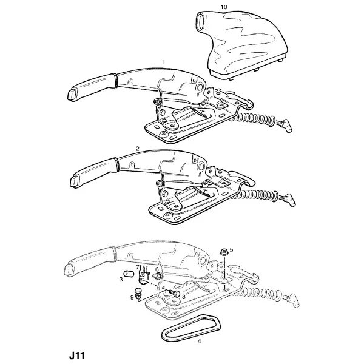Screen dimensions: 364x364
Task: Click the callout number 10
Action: tap(223, 7)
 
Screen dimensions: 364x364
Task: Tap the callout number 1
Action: tap(164, 62)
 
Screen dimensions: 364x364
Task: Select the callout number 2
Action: tap(138, 149)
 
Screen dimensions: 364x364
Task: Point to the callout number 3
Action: tap(121, 280)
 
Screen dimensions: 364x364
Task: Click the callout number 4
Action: tap(199, 341)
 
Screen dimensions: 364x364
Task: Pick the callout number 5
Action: tap(231, 250)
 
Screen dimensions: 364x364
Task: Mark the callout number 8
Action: tap(184, 297)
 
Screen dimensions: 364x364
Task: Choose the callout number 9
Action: tap(132, 297)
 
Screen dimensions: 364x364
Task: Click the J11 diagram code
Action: tap(77, 356)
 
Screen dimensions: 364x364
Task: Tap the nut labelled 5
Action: tap(224, 252)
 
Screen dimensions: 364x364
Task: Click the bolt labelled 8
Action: tap(175, 294)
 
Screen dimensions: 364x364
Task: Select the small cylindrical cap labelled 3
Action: tap(129, 274)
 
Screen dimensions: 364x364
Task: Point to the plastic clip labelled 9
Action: tap(138, 294)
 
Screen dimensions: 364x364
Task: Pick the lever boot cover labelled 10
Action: tap(241, 44)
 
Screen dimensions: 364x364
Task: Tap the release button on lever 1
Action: tap(72, 95)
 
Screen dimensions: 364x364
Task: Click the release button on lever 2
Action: tap(74, 181)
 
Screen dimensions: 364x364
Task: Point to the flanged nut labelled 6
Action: tap(157, 276)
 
